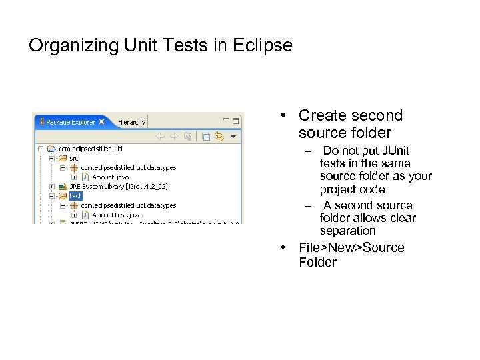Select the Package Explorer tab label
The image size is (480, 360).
(x=70, y=122)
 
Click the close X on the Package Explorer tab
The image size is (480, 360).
(x=102, y=122)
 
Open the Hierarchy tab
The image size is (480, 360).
(x=131, y=122)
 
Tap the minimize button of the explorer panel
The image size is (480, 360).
(x=227, y=121)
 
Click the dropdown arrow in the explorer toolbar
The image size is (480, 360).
(x=233, y=136)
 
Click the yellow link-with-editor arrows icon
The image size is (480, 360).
(x=219, y=136)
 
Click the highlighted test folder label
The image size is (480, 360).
(x=75, y=196)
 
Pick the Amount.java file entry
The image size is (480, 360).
(x=110, y=177)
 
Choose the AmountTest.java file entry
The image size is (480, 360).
(x=116, y=215)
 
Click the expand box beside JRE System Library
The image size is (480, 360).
(x=52, y=187)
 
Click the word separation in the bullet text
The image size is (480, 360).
(x=348, y=231)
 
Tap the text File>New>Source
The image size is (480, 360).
(x=351, y=248)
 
